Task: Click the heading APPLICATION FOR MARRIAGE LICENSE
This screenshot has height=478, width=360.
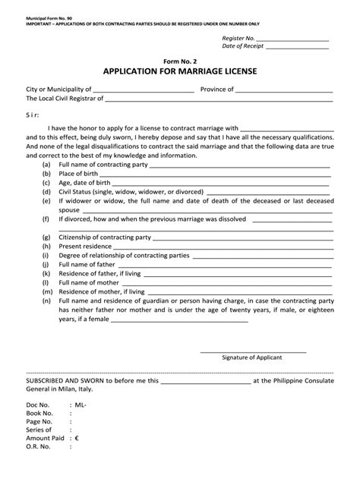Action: pos(180,72)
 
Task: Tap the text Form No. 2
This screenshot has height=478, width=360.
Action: pos(180,61)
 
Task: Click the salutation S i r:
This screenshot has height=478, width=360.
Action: pos(34,112)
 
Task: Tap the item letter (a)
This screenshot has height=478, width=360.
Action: pos(47,164)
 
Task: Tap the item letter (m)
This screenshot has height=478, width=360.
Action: pos(47,291)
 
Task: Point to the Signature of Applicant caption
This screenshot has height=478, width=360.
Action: pos(253,357)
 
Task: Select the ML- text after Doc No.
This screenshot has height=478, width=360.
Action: pos(81,406)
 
